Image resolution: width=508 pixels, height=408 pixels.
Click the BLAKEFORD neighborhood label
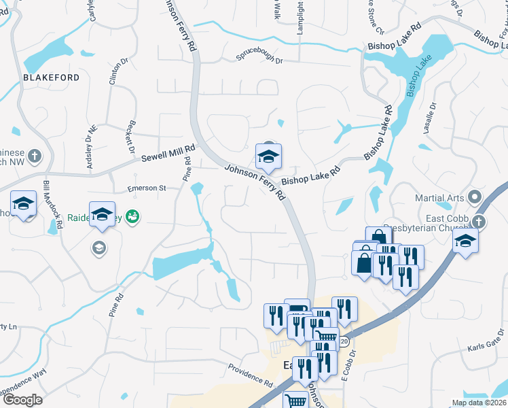click(x=51, y=78)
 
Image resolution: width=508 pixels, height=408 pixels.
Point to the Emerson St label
click(x=147, y=188)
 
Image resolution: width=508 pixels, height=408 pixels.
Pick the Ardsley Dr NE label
click(x=91, y=143)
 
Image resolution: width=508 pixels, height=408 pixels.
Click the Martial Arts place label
click(x=441, y=199)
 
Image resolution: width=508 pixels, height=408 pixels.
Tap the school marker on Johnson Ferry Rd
click(x=268, y=157)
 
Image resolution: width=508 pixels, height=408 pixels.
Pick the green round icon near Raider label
click(x=133, y=216)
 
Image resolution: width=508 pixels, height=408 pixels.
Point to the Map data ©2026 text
click(x=478, y=403)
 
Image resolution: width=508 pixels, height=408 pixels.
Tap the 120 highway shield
click(x=344, y=339)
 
